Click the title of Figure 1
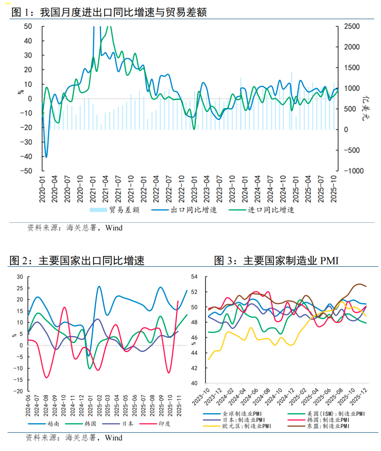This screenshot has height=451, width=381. pos(109,12)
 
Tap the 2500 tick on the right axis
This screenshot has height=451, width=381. pos(352,26)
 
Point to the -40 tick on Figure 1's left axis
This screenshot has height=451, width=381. pos(26,157)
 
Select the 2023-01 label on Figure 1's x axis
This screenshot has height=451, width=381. pos(194,189)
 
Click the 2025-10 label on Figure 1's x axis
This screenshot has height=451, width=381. pos(334,189)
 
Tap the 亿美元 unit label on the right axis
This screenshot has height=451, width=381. pos(365,108)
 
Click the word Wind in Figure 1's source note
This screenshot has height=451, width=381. pos(114,228)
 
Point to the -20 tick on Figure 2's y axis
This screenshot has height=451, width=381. pos(19,391)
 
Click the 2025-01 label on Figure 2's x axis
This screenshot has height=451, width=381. pos(90,406)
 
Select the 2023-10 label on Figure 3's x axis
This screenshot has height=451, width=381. pos(201,397)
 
